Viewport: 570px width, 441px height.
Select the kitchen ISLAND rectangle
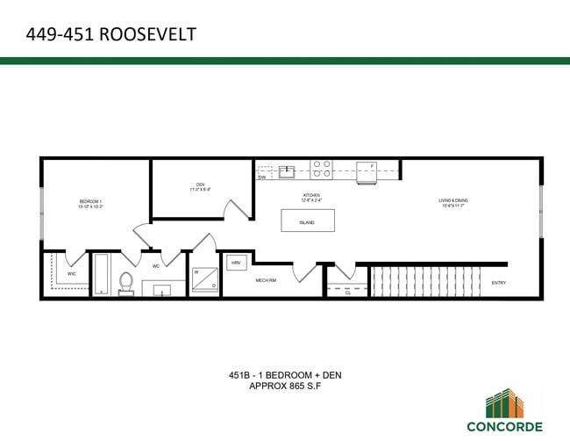click(x=307, y=220)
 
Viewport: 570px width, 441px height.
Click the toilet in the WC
click(x=125, y=283)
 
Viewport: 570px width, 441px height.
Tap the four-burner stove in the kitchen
click(x=322, y=169)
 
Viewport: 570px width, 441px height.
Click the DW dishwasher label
click(x=262, y=177)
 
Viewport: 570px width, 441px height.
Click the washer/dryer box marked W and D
click(x=204, y=278)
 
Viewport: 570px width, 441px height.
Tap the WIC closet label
click(x=72, y=273)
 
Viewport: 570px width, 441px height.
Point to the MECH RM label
click(x=266, y=280)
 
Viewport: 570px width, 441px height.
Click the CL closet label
click(x=348, y=293)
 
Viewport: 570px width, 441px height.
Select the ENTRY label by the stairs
click(x=498, y=283)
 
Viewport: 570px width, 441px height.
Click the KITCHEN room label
click(x=312, y=197)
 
